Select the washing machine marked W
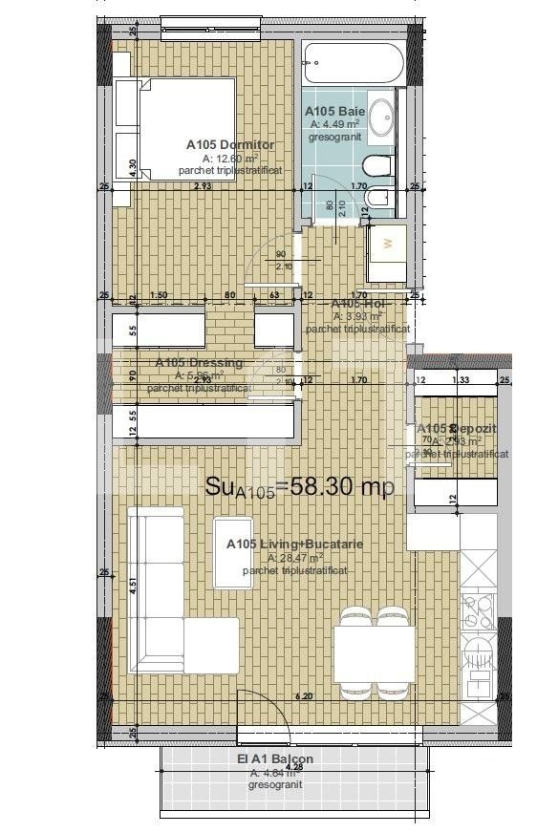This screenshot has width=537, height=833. (x=387, y=245)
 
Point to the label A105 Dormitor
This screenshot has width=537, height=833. (x=229, y=145)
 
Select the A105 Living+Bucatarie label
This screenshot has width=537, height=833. (x=281, y=544)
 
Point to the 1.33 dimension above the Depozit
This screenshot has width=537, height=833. (x=460, y=380)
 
